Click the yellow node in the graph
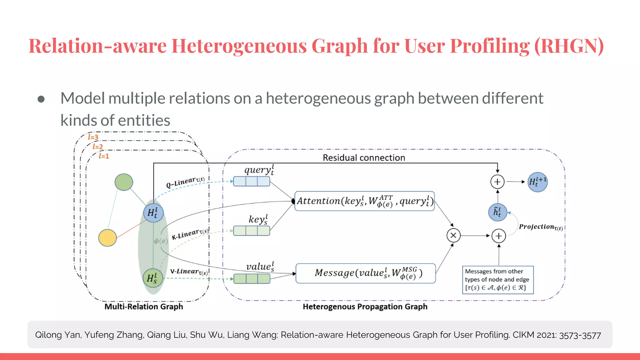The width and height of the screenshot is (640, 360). (107, 238)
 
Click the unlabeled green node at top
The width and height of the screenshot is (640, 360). (124, 182)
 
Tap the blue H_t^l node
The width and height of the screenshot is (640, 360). (153, 213)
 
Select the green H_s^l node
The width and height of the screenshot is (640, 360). (153, 278)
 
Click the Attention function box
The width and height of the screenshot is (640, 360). (364, 201)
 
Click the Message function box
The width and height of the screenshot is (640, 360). (365, 273)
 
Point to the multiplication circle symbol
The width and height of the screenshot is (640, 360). (453, 236)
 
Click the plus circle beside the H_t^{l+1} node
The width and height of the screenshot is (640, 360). (497, 182)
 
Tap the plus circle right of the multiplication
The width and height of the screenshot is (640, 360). (499, 236)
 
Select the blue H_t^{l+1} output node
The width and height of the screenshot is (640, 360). (537, 182)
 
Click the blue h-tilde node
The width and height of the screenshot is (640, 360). (497, 212)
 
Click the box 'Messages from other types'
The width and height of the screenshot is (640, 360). (497, 280)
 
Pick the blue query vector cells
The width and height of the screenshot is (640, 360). (252, 181)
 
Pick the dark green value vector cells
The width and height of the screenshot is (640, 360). (252, 278)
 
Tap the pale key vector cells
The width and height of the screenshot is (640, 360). (252, 231)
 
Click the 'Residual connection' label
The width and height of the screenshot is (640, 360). (364, 157)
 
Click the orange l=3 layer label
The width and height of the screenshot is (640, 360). (93, 137)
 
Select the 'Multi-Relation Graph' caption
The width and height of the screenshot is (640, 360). (144, 307)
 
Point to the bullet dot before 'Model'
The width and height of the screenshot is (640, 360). (41, 99)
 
